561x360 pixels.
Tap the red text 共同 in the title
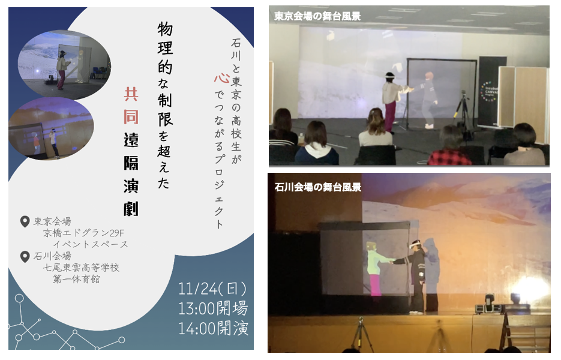pyautogui.click(x=131, y=106)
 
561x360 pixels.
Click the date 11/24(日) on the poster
pyautogui.click(x=212, y=289)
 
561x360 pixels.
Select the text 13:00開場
pyautogui.click(x=213, y=308)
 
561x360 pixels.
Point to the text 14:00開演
pyautogui.click(x=213, y=328)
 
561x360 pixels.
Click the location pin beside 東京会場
pyautogui.click(x=25, y=221)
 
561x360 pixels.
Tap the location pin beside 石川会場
pyautogui.click(x=25, y=256)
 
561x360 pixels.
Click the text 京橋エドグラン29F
pyautogui.click(x=83, y=233)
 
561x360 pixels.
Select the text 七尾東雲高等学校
pyautogui.click(x=81, y=268)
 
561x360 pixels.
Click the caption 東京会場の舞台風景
pyautogui.click(x=317, y=16)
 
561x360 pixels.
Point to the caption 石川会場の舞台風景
pyautogui.click(x=318, y=187)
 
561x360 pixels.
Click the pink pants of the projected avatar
pyautogui.click(x=375, y=285)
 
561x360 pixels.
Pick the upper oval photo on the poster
pyautogui.click(x=64, y=65)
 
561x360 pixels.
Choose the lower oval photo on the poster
pyautogui.click(x=51, y=128)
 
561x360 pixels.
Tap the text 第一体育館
pyautogui.click(x=76, y=279)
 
